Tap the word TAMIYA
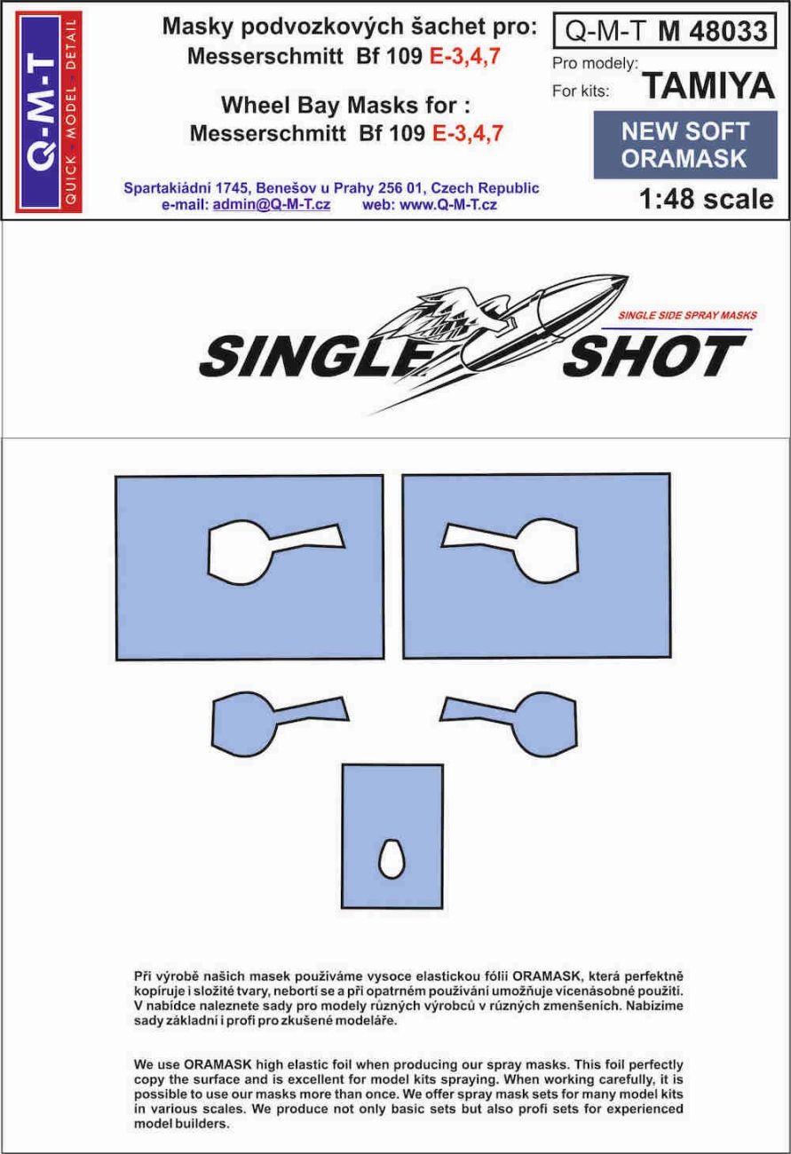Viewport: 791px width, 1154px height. pos(707,86)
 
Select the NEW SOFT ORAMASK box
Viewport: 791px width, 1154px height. pos(684,145)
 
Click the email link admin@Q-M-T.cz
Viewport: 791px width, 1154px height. pos(271,204)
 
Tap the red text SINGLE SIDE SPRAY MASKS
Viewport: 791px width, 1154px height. pos(686,316)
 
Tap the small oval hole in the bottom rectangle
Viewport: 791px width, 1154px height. pos(391,857)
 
